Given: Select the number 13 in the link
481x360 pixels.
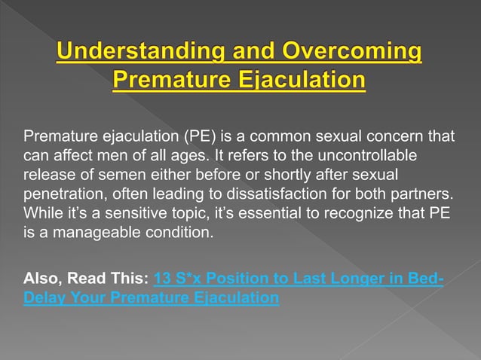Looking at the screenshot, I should click(x=161, y=279).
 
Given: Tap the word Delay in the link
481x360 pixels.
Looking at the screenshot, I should click(x=45, y=298).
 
